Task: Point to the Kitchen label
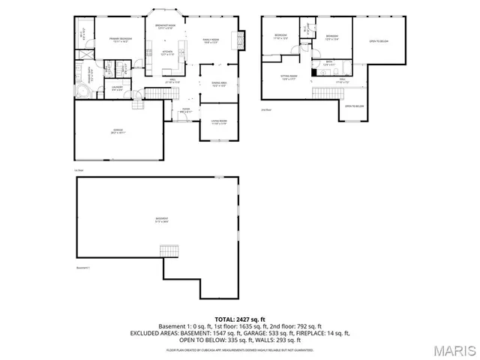tap(169, 53)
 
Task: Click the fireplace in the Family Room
tap(241, 39)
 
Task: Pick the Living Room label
tap(218, 121)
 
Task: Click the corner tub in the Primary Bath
tap(82, 91)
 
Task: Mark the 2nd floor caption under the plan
tap(265, 109)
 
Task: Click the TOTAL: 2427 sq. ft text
tap(239, 319)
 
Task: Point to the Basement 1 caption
tap(82, 268)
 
